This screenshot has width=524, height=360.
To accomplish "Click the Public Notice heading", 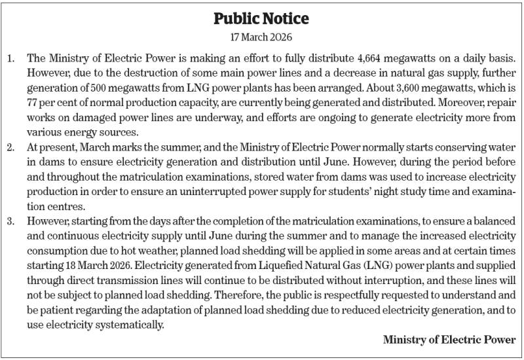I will pyautogui.click(x=261, y=18).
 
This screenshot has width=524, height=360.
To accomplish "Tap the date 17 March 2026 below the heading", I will pyautogui.click(x=261, y=37).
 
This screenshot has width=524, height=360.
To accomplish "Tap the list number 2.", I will pyautogui.click(x=12, y=145).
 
